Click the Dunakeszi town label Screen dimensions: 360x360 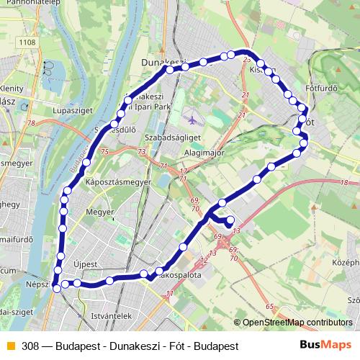click(164, 62)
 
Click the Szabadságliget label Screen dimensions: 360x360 click(171, 135)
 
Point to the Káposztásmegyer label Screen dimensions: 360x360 click(118, 183)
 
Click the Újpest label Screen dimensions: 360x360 click(85, 264)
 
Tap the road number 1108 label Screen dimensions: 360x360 click(27, 42)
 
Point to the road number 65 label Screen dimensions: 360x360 click(269, 307)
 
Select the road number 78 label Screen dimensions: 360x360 click(31, 123)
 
